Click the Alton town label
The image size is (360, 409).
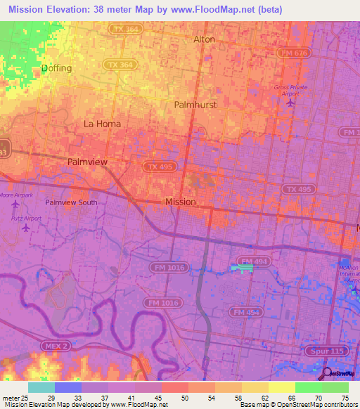point(204,39)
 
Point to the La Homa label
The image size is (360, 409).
point(102,124)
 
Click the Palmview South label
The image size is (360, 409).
point(72,202)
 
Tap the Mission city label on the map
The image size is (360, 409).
point(180,202)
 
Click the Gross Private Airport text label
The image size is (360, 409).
point(291,91)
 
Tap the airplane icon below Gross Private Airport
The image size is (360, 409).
point(292,103)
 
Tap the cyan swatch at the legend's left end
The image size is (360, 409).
point(41,387)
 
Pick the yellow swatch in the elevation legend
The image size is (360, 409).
point(281,387)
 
